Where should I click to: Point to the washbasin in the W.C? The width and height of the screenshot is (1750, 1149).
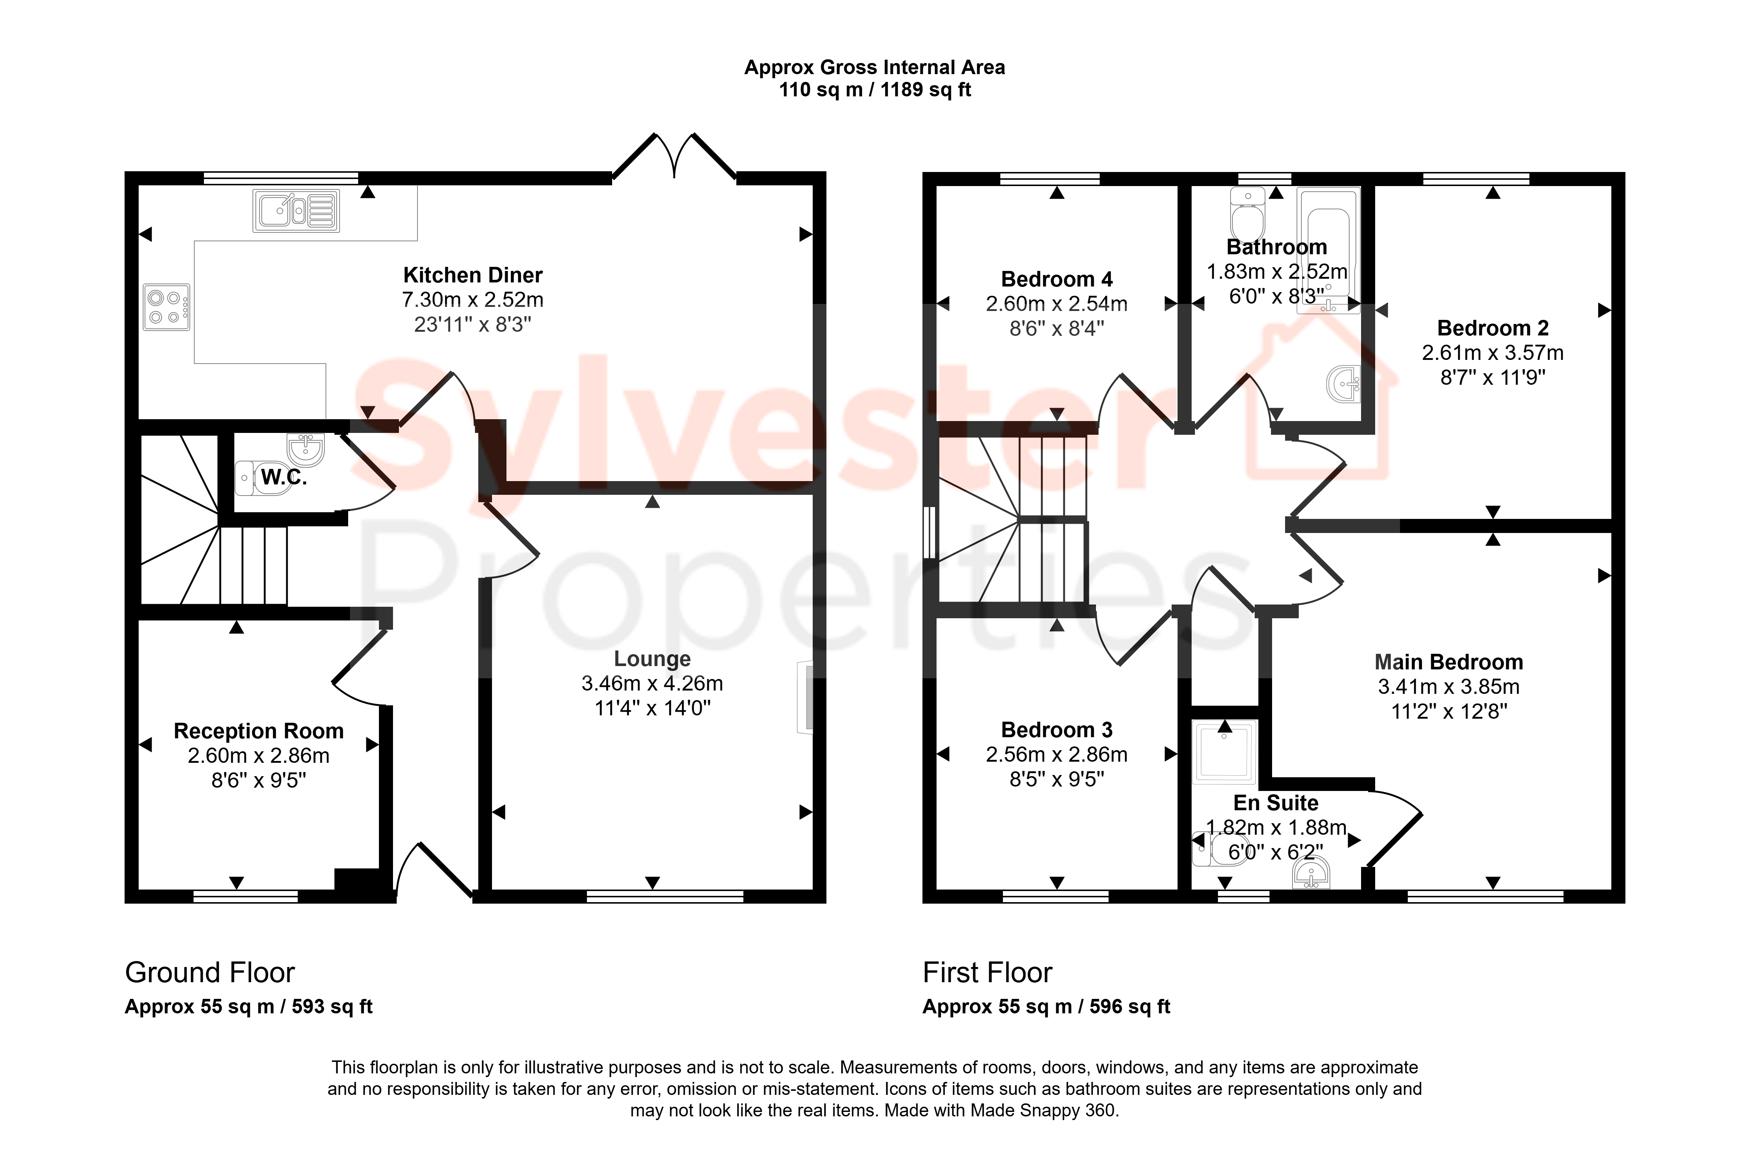[306, 448]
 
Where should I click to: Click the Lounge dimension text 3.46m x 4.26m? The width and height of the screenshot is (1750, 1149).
[652, 684]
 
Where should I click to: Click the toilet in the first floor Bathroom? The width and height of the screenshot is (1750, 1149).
[1248, 211]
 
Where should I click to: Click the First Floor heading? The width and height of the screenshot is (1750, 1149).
[987, 973]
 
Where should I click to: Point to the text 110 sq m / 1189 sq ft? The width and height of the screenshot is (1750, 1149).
[875, 90]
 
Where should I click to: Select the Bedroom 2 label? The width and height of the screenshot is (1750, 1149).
[1493, 328]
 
